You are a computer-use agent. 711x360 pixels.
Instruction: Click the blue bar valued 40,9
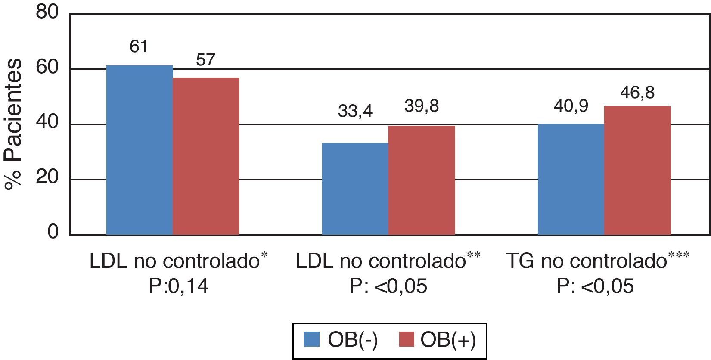tap(571, 179)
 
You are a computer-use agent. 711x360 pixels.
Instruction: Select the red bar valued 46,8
tap(637, 170)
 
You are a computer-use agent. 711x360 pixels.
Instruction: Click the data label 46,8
tap(637, 93)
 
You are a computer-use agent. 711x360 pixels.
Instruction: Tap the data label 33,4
tap(355, 112)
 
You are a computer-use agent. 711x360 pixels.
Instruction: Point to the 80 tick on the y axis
tap(47, 13)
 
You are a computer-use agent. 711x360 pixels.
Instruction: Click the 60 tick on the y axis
tap(47, 68)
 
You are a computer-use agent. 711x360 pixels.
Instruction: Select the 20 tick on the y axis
tap(47, 179)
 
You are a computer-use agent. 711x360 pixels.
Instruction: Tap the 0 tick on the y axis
tap(53, 233)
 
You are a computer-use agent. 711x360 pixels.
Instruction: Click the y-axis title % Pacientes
tap(14, 124)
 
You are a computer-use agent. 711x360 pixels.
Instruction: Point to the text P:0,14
tap(178, 286)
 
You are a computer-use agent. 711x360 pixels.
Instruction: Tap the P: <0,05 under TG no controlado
tap(595, 286)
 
